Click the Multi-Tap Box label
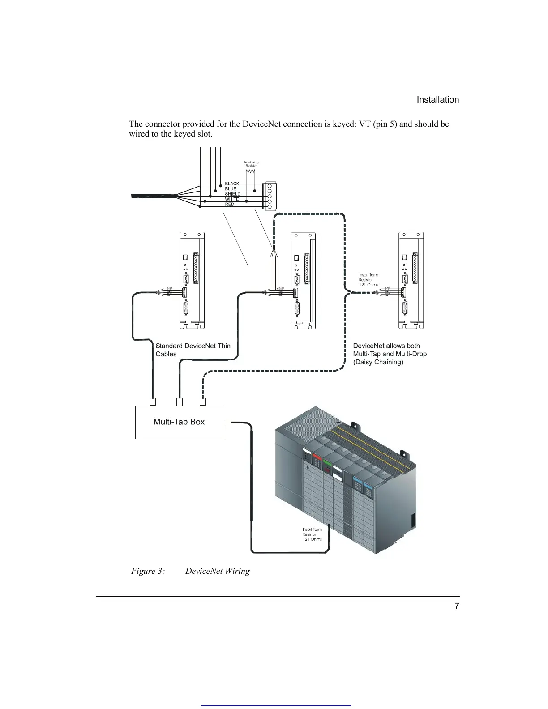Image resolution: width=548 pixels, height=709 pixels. [x=179, y=422]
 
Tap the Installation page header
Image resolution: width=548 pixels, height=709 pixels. [x=437, y=100]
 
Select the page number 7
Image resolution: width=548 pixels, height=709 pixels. [x=456, y=606]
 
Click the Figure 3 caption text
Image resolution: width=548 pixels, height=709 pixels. [x=190, y=571]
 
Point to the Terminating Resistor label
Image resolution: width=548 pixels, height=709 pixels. [x=251, y=164]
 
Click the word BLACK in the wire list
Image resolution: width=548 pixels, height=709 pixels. [x=232, y=184]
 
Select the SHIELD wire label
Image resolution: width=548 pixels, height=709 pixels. [x=232, y=194]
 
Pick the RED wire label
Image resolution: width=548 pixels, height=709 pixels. [x=229, y=204]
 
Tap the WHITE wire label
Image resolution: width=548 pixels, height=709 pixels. [x=231, y=199]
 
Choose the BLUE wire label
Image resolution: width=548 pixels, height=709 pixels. [x=230, y=189]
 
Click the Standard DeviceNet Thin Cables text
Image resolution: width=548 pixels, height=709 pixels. [x=193, y=350]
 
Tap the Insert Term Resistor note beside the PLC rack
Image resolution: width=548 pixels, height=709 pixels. [x=312, y=534]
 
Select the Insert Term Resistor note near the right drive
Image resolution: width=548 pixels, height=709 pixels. [x=368, y=280]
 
